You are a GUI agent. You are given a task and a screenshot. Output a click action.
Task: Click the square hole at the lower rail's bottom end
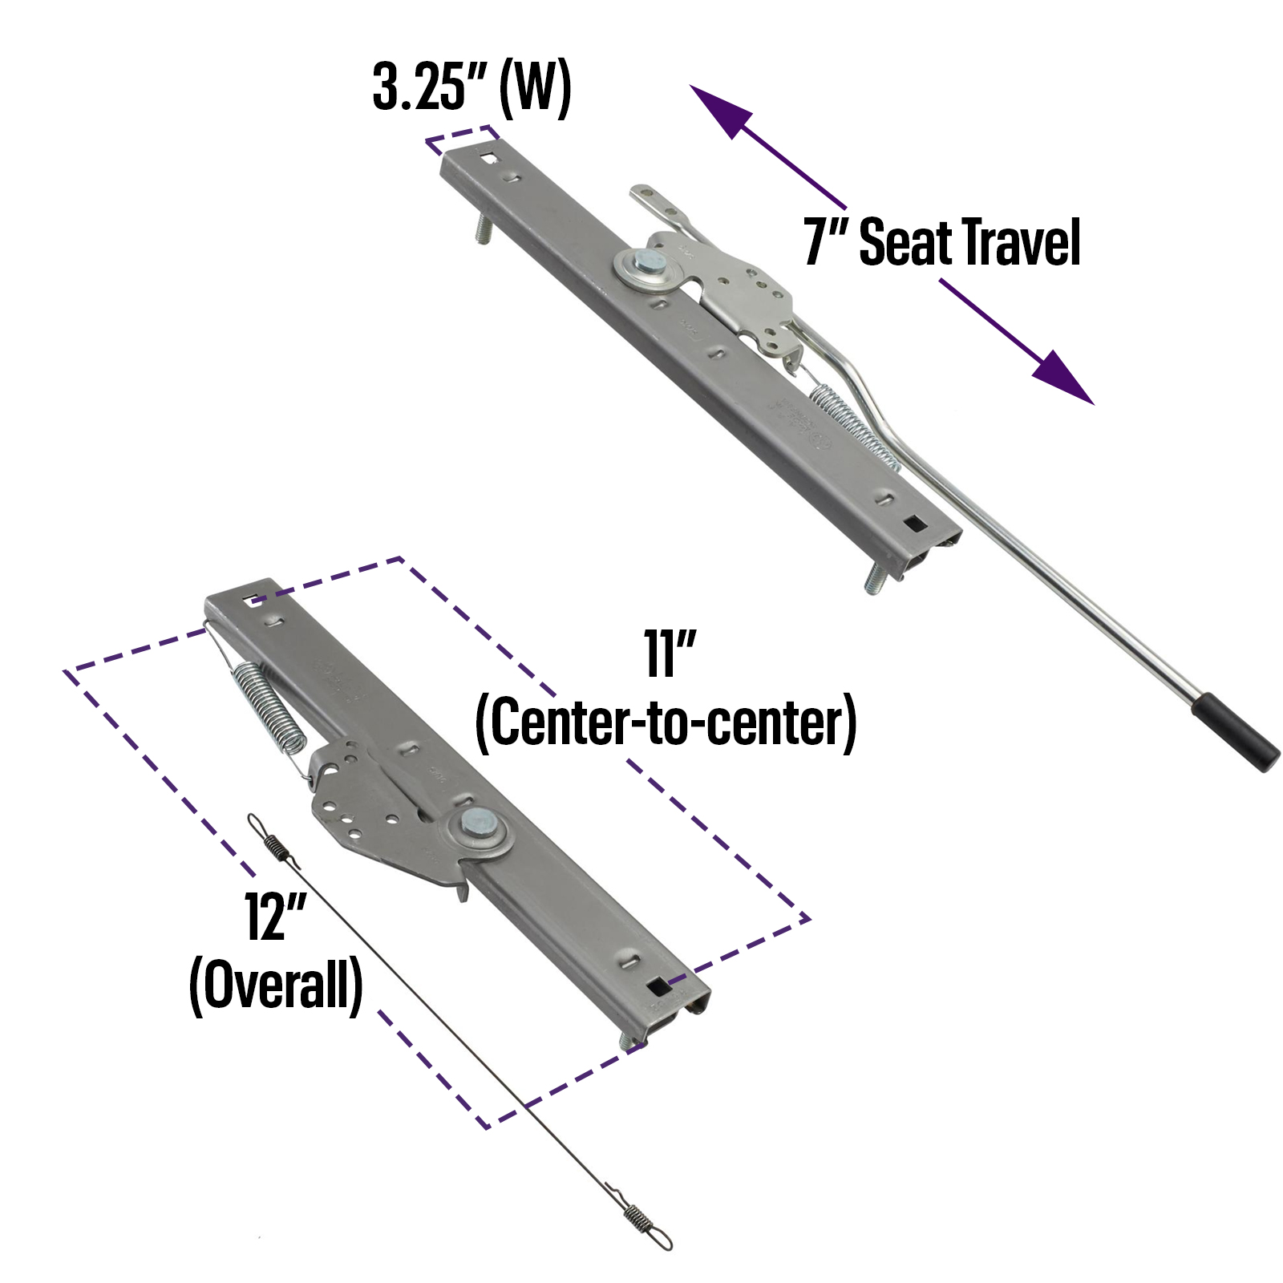pyautogui.click(x=658, y=986)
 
